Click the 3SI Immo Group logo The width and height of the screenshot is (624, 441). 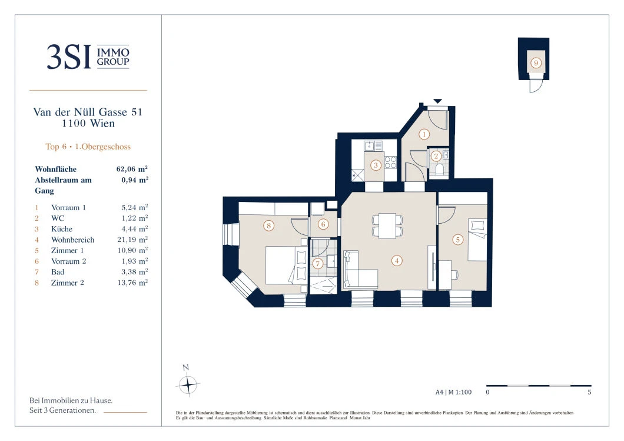(88, 57)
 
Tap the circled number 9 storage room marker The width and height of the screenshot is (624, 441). (536, 63)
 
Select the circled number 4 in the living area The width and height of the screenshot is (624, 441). (396, 261)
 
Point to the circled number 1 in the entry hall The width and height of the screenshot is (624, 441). (424, 134)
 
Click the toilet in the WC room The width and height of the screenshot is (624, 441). (440, 170)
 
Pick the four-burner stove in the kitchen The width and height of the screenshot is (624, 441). (390, 163)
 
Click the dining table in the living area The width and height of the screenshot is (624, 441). (387, 226)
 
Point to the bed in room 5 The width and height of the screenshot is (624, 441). (477, 240)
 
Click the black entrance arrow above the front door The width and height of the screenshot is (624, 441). (437, 101)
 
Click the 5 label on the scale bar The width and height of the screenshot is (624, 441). (589, 392)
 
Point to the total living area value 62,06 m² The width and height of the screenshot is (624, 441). (132, 169)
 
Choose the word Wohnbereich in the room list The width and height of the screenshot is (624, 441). (73, 240)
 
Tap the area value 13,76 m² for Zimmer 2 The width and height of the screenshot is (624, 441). (132, 283)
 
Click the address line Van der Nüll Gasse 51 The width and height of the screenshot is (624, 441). (88, 112)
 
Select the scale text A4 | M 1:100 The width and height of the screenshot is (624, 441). (453, 392)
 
